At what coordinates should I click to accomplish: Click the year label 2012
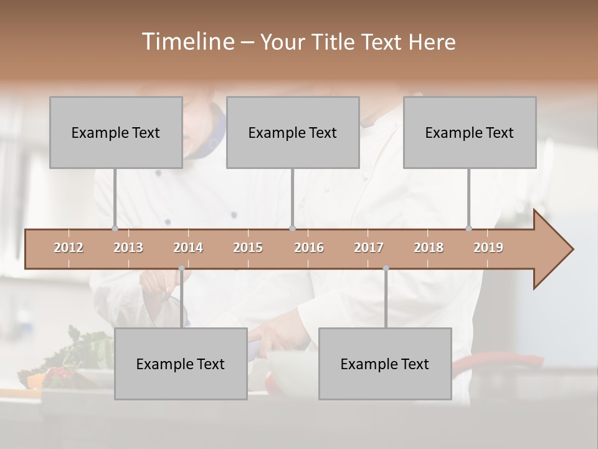point(69,248)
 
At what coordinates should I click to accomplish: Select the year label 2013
point(128,248)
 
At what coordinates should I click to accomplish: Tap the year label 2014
point(188,248)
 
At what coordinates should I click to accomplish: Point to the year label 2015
point(248,248)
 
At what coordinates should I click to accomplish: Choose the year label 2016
point(309,248)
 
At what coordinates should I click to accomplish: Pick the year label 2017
point(369,248)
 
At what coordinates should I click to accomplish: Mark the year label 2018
point(429,248)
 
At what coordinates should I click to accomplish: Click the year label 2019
point(488,248)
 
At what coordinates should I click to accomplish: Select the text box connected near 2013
point(116,132)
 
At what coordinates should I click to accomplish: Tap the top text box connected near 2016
point(293,132)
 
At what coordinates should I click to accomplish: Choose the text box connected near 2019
point(470,132)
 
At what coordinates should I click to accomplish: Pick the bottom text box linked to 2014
point(181,364)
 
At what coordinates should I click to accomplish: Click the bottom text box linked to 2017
point(385,364)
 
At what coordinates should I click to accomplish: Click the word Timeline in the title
point(187,42)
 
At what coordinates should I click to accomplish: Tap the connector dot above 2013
point(115,228)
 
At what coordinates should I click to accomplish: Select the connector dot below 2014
point(181,268)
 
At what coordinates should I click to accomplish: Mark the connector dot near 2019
point(469,228)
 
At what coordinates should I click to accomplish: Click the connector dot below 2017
point(386,268)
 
